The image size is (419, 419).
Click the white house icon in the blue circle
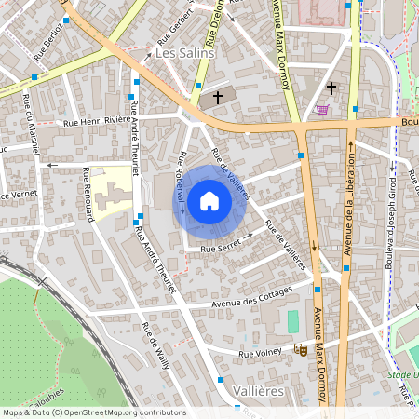pos(209,201)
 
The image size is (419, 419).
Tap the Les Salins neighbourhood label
pos(184,53)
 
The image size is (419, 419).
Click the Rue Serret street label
pos(221,248)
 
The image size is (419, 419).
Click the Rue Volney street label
pos(261,353)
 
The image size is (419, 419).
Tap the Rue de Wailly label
pos(155,345)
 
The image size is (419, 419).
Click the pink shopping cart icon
pos(322,109)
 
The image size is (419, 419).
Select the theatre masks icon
pos(300,349)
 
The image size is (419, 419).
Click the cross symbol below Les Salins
pos(219,96)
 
